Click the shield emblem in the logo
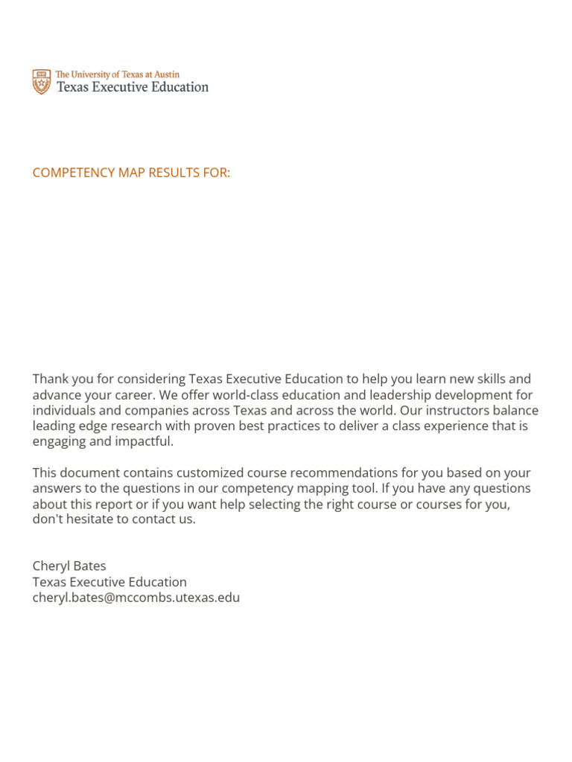click(x=42, y=82)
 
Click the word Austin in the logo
click(x=165, y=74)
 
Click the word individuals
click(x=65, y=411)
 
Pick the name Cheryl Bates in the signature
click(x=69, y=566)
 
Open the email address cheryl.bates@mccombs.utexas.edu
click(x=136, y=598)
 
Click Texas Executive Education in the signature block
click(x=109, y=582)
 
